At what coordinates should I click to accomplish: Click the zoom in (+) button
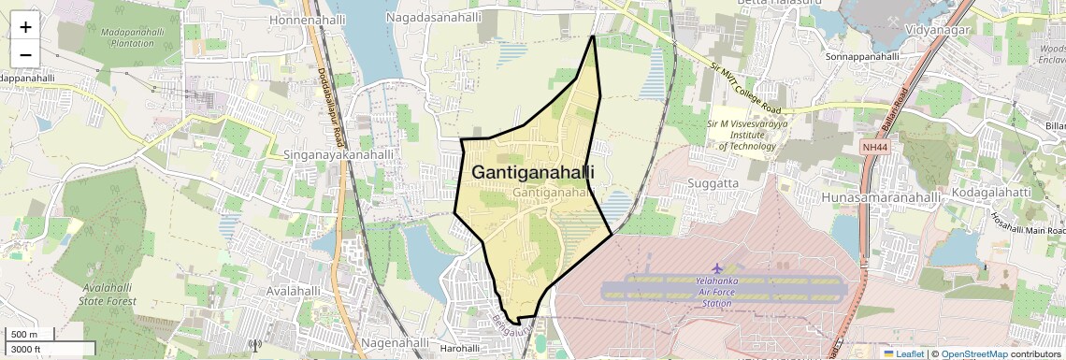25,27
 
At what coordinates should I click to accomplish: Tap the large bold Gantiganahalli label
533,173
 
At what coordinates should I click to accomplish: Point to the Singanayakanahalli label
339,154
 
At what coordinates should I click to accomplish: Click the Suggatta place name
713,182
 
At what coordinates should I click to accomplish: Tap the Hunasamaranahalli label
881,197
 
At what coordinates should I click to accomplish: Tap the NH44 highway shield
874,147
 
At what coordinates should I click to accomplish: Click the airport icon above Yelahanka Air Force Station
717,268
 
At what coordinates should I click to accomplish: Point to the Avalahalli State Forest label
108,294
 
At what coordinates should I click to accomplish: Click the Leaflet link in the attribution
904,354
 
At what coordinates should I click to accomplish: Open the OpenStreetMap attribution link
974,354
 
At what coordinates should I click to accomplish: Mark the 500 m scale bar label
24,335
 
